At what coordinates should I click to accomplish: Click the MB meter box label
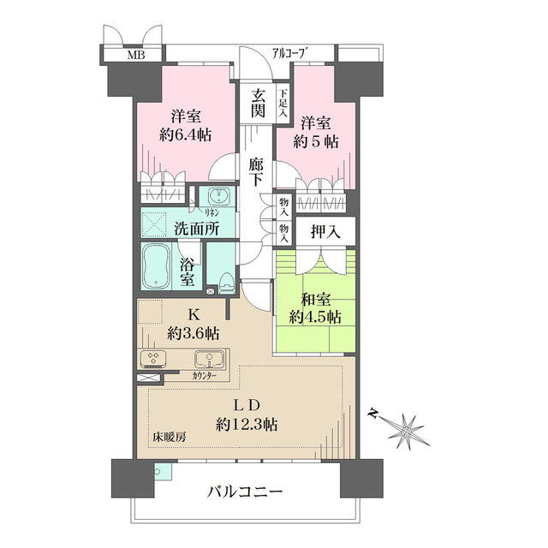[136, 57]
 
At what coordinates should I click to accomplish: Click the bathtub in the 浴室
[158, 266]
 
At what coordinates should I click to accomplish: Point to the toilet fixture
[224, 280]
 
